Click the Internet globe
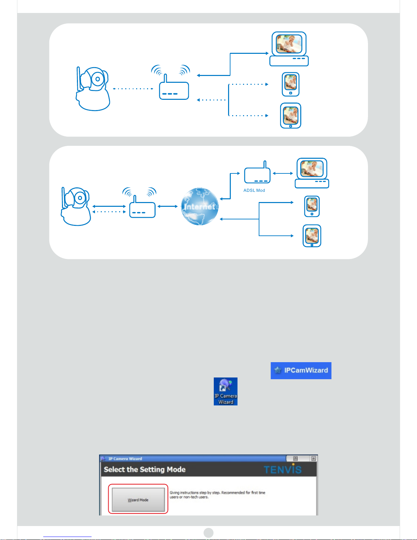click(x=199, y=206)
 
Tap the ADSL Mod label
click(x=254, y=190)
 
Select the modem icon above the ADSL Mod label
click(x=257, y=174)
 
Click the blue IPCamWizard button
click(x=301, y=370)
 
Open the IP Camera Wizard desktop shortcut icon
click(x=225, y=391)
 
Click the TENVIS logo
click(x=283, y=470)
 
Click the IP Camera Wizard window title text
click(x=125, y=459)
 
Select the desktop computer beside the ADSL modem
click(x=312, y=173)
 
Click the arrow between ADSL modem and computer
click(x=283, y=173)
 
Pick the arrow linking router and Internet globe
click(x=167, y=206)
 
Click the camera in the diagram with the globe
click(x=76, y=206)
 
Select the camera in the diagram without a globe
click(x=93, y=89)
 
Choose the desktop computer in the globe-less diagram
click(x=289, y=49)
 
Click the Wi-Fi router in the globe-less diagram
click(x=174, y=87)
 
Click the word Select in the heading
click(x=114, y=469)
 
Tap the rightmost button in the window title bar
click(x=314, y=459)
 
